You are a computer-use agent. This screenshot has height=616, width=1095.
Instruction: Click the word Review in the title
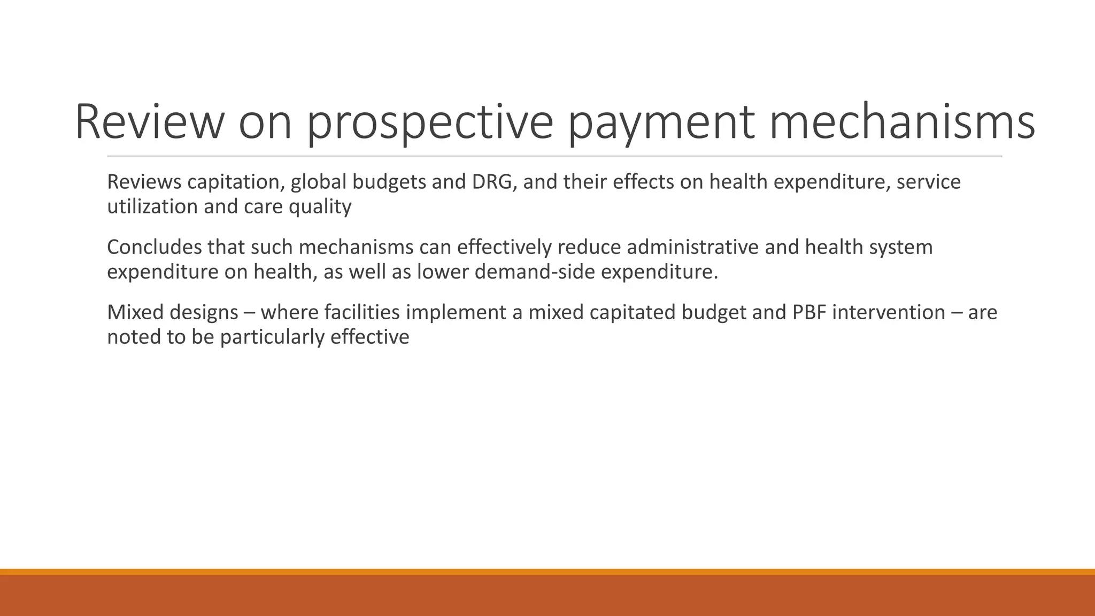click(148, 122)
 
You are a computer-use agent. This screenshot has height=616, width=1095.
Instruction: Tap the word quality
click(320, 207)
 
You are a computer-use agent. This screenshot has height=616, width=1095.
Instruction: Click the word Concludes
click(155, 248)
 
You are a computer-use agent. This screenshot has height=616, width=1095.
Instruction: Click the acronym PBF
click(809, 313)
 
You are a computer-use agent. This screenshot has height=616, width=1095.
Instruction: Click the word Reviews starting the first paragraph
click(144, 182)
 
